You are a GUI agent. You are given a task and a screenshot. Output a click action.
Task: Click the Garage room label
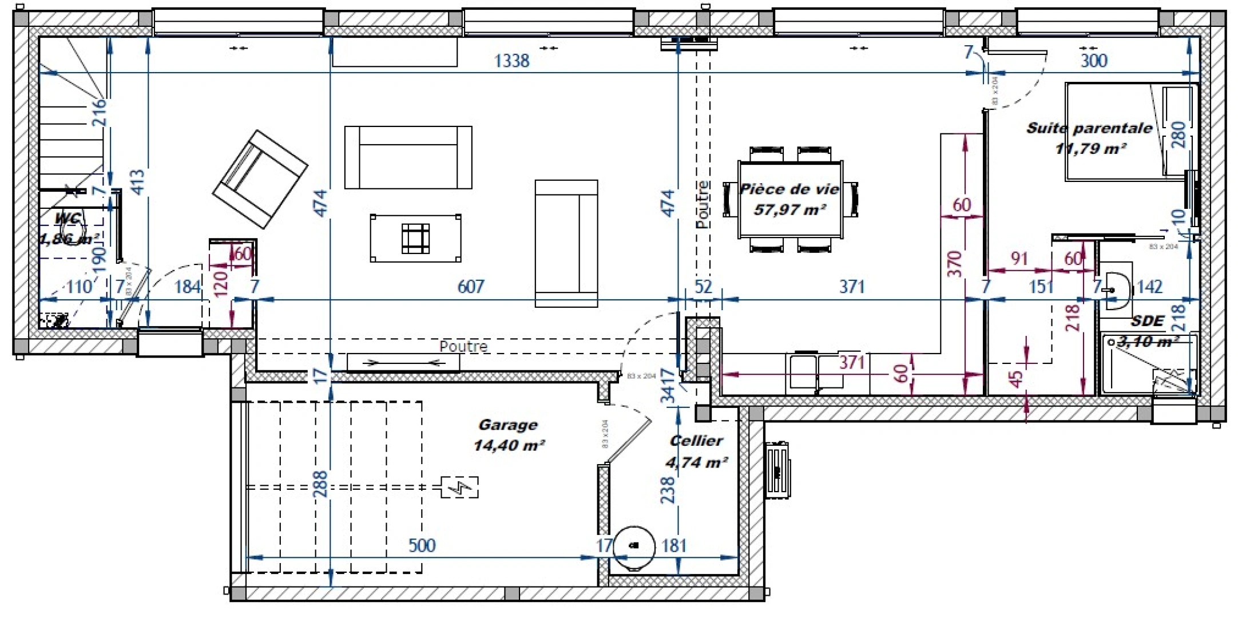[508, 425]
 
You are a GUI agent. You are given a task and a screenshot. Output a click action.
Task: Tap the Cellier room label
[696, 441]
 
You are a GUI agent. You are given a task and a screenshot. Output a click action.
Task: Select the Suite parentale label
[1089, 128]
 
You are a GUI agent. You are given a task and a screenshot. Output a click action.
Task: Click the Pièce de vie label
[789, 189]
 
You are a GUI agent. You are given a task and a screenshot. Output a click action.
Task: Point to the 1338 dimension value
[511, 61]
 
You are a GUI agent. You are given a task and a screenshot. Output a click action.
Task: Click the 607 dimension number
[471, 286]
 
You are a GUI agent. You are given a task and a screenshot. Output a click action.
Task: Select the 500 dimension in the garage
[422, 545]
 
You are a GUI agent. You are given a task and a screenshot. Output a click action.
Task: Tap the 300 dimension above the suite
[1094, 61]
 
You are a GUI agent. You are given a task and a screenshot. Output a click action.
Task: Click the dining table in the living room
[790, 199]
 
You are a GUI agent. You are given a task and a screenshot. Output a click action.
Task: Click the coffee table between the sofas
[415, 238]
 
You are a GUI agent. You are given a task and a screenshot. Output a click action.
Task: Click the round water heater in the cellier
[633, 546]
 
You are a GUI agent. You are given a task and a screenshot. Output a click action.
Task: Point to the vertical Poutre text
[703, 205]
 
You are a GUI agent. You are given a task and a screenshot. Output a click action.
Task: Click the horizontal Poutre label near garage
[463, 347]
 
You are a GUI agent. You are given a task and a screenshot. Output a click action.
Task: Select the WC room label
[68, 219]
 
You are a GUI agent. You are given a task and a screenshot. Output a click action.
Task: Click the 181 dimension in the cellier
[674, 545]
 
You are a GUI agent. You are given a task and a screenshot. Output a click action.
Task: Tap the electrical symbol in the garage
[459, 488]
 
